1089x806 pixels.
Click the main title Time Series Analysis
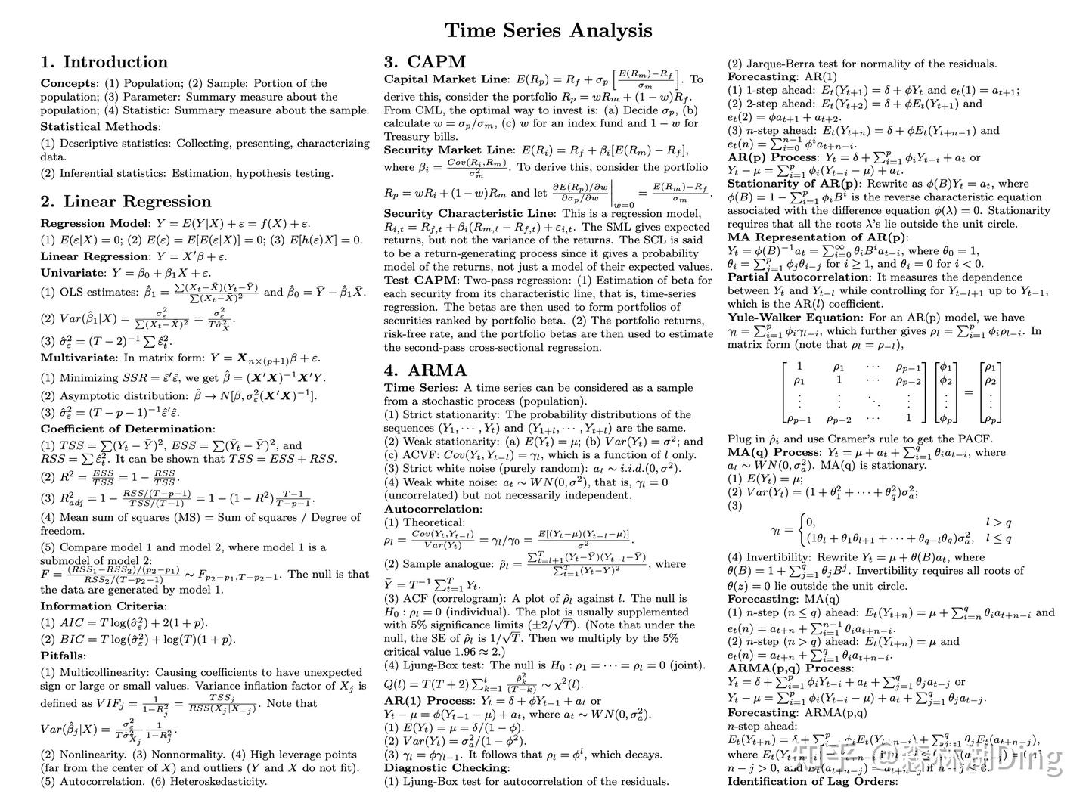(x=548, y=31)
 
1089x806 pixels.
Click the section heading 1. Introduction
(x=104, y=62)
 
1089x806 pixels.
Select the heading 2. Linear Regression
(x=126, y=201)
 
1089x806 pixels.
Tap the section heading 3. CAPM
(x=424, y=62)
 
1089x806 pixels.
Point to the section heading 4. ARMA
(x=426, y=370)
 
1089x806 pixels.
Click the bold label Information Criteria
(x=102, y=606)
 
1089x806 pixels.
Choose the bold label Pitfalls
(x=62, y=656)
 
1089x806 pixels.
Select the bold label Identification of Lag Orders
(x=811, y=781)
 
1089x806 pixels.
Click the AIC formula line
(x=125, y=623)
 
